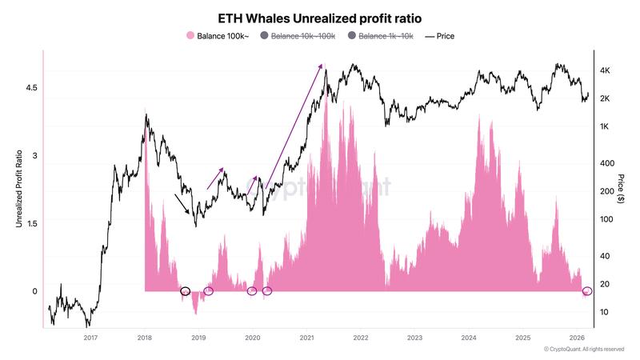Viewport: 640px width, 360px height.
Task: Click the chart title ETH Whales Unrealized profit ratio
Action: click(x=320, y=18)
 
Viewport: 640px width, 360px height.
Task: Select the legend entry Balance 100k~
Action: click(x=218, y=36)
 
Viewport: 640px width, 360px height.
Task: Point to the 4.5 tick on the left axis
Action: click(x=30, y=87)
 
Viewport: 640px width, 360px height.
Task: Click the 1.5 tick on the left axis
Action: click(x=30, y=224)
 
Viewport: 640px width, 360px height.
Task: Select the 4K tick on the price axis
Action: click(x=606, y=70)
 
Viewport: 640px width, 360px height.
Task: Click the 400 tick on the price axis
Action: click(x=606, y=163)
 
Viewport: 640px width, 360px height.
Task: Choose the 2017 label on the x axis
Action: click(x=90, y=338)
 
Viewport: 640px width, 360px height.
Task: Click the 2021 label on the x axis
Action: click(x=306, y=338)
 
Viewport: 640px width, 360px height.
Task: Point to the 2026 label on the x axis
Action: click(x=576, y=338)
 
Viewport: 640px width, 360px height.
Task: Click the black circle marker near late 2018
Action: click(x=186, y=291)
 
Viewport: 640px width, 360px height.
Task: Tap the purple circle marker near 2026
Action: click(x=587, y=291)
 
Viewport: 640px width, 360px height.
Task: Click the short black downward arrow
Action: click(x=182, y=204)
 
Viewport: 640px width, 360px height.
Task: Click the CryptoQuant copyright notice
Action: click(x=583, y=350)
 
